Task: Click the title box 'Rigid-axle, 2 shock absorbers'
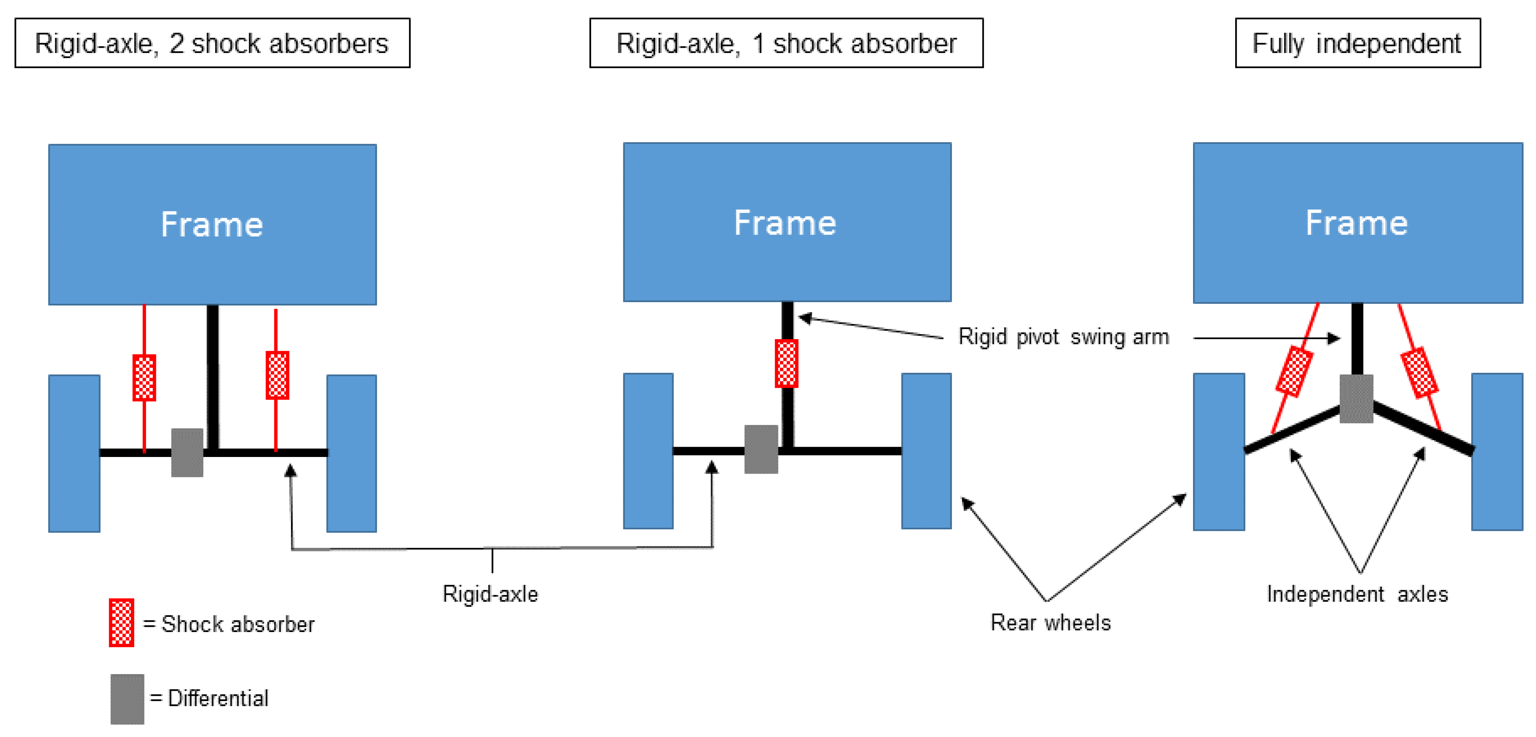click(x=212, y=43)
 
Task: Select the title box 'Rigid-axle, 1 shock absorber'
click(x=786, y=43)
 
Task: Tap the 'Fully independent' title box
click(x=1357, y=43)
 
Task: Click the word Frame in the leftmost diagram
click(x=212, y=225)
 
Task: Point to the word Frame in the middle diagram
click(x=785, y=223)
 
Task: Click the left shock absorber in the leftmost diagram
click(x=144, y=378)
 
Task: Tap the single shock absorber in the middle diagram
click(x=786, y=363)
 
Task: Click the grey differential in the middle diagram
click(x=761, y=449)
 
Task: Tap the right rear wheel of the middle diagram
click(x=926, y=451)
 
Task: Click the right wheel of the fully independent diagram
click(x=1497, y=452)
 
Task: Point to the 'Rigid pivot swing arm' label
click(x=1063, y=337)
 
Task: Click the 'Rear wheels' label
click(x=1051, y=623)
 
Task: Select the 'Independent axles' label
click(x=1357, y=594)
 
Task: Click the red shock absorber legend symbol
click(x=122, y=623)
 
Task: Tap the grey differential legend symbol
click(x=127, y=699)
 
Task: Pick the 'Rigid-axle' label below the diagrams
click(x=490, y=594)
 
